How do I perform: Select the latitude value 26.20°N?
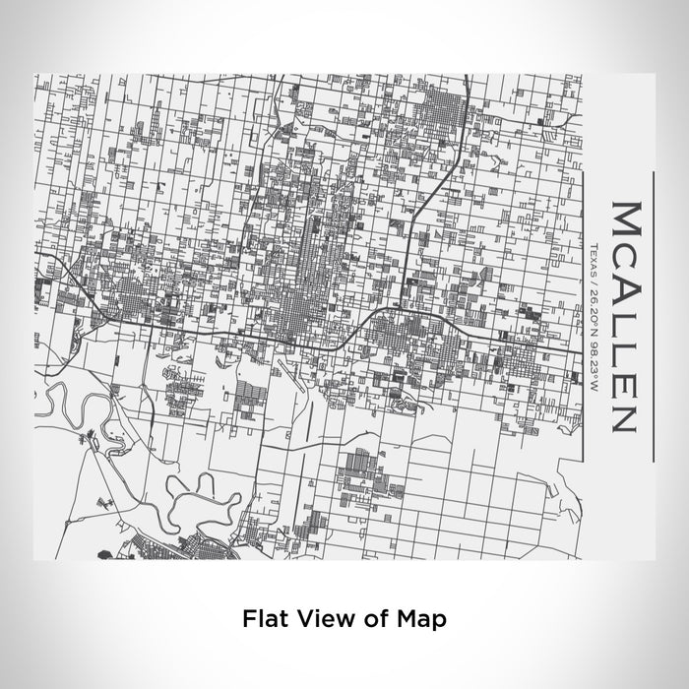point(595,308)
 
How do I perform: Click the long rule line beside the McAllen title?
point(653,316)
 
